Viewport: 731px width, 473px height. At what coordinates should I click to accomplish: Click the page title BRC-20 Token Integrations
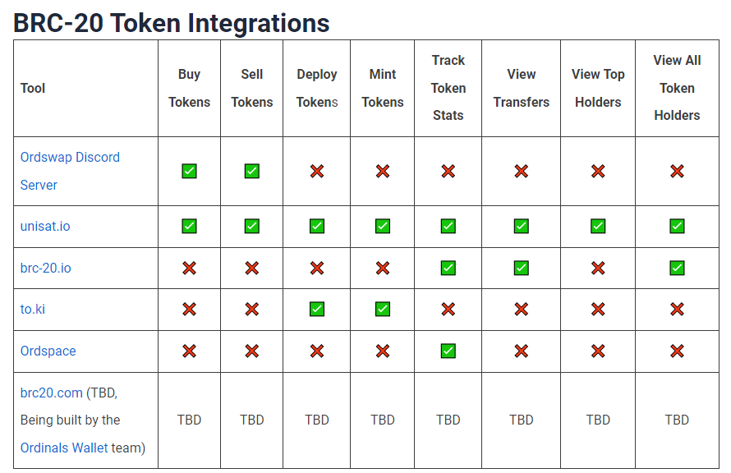coord(171,23)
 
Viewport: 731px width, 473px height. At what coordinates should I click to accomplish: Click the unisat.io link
coord(45,226)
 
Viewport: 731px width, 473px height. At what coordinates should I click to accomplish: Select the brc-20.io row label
coord(46,268)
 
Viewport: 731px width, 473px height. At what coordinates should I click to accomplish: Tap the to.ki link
coord(33,309)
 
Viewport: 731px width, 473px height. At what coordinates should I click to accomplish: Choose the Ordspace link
coord(48,351)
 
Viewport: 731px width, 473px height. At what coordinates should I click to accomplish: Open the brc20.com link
coord(51,393)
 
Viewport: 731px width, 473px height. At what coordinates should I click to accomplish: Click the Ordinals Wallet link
coord(64,448)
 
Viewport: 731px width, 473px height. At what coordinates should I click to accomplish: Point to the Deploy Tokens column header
coord(317,88)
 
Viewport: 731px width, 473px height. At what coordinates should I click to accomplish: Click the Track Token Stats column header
coord(448,88)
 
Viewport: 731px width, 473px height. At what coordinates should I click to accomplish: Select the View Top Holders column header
coord(598,88)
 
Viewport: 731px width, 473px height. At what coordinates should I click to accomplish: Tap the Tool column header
coord(33,88)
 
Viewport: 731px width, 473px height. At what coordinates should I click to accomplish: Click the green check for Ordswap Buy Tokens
coord(189,171)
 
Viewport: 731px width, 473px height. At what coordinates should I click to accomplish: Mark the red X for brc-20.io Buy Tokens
coord(189,268)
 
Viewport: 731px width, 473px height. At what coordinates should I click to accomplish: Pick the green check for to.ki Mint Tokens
coord(383,309)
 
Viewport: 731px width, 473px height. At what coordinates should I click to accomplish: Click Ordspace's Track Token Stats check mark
coord(448,351)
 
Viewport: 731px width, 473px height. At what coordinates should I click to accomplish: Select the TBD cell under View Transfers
coord(522,420)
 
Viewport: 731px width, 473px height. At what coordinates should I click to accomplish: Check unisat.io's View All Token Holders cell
coord(677,226)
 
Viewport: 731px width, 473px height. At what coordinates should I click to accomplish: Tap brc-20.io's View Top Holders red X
coord(598,268)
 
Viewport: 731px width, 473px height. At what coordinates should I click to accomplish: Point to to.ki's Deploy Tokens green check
coord(317,309)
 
